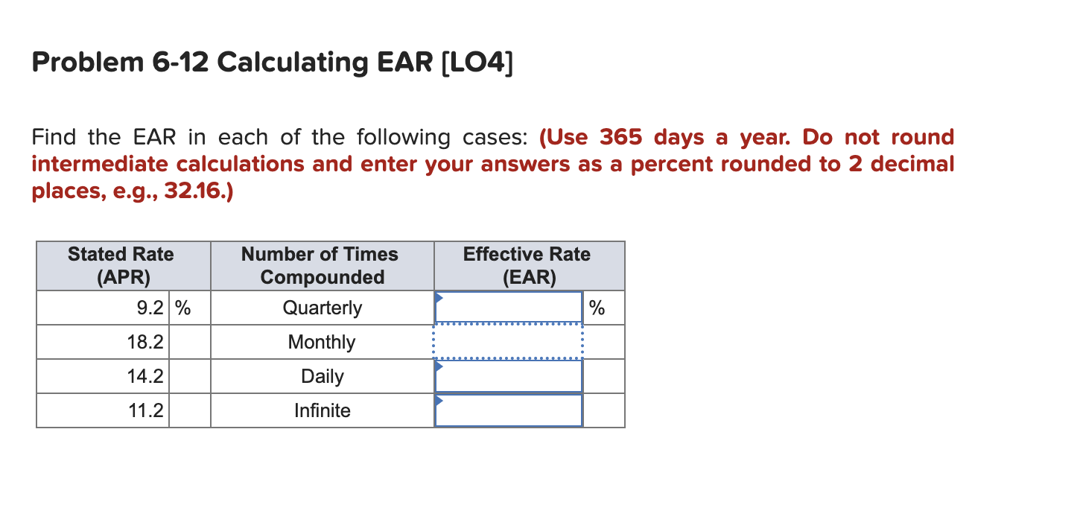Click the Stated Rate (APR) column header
[121, 266]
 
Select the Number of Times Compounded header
[322, 266]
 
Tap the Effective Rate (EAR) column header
[527, 266]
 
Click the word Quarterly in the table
[322, 308]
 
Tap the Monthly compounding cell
[322, 342]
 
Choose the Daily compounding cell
[322, 376]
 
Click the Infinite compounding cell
[322, 410]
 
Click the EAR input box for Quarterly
[508, 308]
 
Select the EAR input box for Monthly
[508, 342]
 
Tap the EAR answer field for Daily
[508, 376]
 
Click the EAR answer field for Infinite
[508, 410]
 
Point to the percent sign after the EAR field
[597, 308]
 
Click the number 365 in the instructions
[622, 138]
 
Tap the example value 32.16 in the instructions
[197, 191]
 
